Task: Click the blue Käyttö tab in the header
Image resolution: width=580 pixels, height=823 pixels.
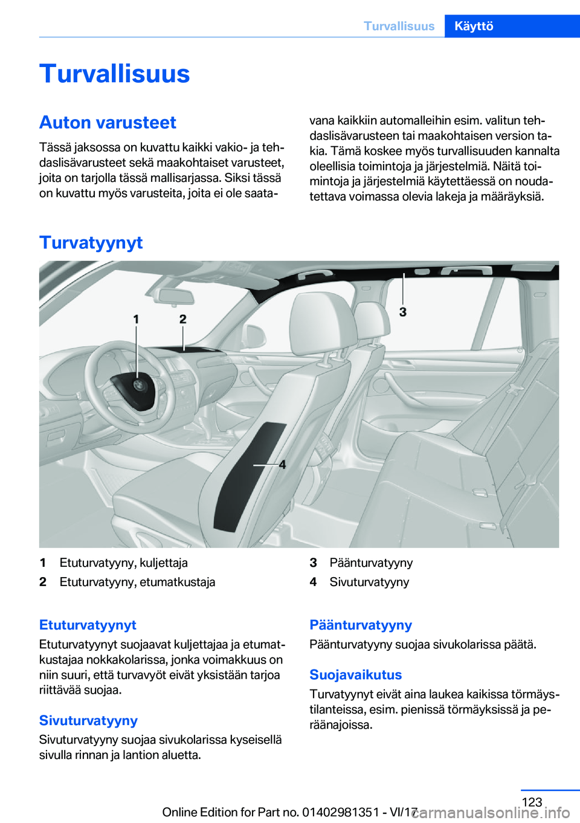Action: click(x=474, y=26)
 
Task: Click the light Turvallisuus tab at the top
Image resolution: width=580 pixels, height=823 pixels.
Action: click(x=399, y=26)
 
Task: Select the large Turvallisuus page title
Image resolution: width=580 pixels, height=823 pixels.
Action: click(x=115, y=74)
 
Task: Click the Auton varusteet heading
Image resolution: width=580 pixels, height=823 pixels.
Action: click(x=108, y=123)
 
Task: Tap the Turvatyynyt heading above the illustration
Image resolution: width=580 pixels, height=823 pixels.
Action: click(x=91, y=242)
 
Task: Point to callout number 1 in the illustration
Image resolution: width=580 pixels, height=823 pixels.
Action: click(x=136, y=319)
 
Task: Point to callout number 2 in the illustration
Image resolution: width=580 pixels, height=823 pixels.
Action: click(x=183, y=319)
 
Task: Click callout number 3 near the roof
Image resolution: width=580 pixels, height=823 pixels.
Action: click(x=403, y=312)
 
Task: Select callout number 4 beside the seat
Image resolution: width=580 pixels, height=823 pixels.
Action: click(x=282, y=465)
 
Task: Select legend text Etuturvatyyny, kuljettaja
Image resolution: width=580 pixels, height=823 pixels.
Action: click(x=123, y=563)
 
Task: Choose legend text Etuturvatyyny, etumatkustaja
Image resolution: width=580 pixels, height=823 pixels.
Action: click(x=137, y=583)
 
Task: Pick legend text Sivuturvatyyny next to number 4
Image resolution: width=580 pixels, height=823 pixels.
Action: click(x=369, y=583)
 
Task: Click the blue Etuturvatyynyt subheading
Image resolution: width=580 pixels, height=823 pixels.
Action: click(x=88, y=625)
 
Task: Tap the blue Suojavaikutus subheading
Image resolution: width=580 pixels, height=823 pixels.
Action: click(x=355, y=675)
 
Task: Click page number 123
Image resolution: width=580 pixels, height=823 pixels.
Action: click(x=532, y=802)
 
